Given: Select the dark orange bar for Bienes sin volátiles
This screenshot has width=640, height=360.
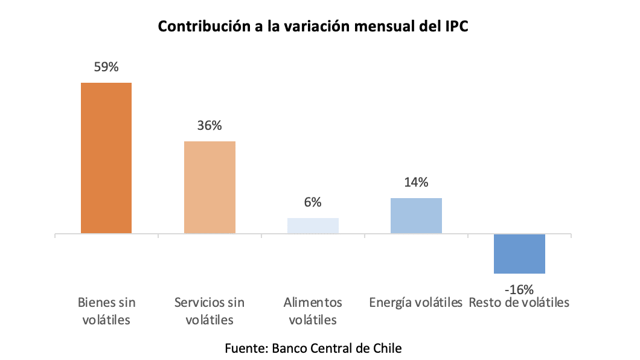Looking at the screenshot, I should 106,158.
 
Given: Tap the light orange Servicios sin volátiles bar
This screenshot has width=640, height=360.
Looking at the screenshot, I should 210,187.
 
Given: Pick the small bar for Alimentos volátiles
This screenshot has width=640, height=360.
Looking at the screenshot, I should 313,225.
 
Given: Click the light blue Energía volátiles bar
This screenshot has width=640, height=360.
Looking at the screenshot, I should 416,216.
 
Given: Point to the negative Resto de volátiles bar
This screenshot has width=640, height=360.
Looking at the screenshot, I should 519,254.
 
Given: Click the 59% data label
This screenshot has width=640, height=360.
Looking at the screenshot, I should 106,67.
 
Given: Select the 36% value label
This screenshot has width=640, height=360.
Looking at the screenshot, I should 210,126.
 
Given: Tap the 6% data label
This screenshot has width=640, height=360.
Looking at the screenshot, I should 313,202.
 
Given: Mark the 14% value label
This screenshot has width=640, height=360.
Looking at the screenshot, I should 416,182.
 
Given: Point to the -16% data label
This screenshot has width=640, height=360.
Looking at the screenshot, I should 519,289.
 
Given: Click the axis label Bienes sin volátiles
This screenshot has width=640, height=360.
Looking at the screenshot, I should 106,310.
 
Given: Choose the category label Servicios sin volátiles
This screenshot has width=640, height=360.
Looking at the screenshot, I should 210,310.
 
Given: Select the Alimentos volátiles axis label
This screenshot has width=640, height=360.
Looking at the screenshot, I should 313,310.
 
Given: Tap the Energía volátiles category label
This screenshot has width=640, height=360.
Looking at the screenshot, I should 416,302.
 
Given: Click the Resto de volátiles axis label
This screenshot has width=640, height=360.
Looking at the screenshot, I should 519,302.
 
